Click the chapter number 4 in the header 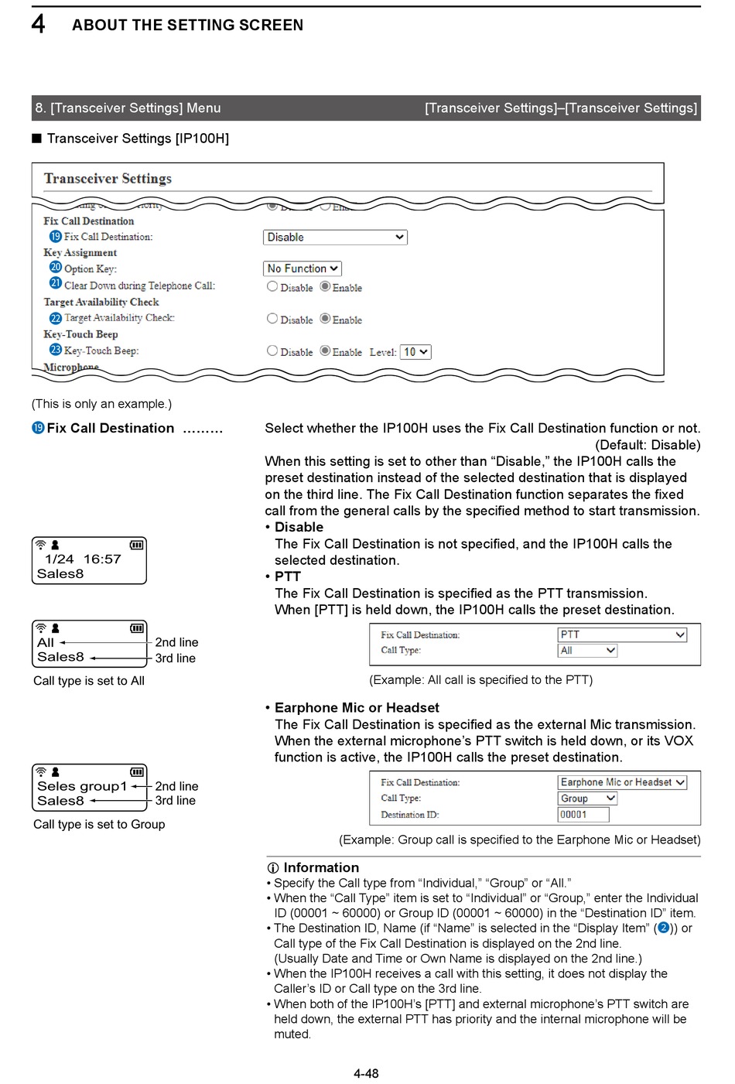(38, 24)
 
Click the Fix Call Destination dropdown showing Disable (335, 238)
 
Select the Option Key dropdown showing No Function (303, 268)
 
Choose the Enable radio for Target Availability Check (326, 319)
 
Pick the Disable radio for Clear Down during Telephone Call (272, 286)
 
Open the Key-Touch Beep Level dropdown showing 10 (415, 352)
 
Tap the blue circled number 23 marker (56, 350)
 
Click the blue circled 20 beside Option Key (56, 267)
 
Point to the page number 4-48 (366, 1073)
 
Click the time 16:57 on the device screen (102, 559)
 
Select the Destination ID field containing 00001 (583, 815)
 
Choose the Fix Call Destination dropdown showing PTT (622, 634)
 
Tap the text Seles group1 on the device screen (82, 786)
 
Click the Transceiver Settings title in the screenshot (108, 179)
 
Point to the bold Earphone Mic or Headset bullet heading (357, 707)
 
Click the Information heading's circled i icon (273, 868)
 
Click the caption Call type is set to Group (99, 824)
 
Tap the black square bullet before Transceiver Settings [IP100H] (36, 138)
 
